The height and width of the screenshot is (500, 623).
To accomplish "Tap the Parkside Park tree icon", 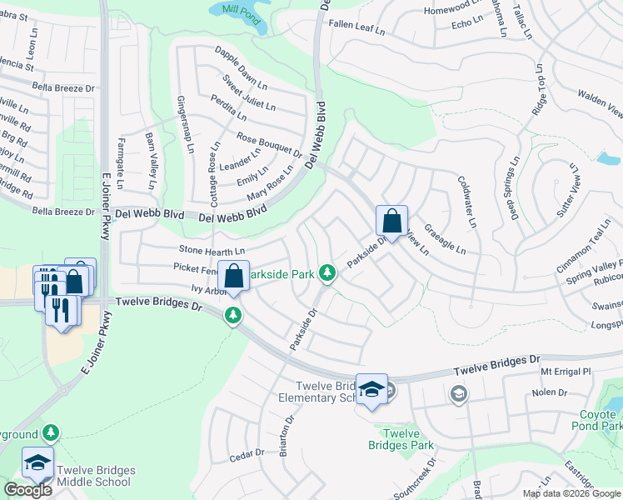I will (x=328, y=272).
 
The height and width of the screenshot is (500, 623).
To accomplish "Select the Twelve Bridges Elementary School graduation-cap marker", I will (x=371, y=388).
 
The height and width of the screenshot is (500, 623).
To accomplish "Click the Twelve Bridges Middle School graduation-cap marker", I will (x=37, y=462).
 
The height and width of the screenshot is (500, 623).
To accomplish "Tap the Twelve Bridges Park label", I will (x=401, y=438).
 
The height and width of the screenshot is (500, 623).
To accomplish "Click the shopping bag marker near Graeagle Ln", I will (x=391, y=222).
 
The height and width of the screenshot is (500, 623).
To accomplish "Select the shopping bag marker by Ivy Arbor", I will (x=234, y=276).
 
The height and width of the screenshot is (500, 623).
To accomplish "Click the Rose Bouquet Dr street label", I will (x=269, y=145).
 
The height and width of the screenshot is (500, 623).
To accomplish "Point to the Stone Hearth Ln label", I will (x=212, y=250).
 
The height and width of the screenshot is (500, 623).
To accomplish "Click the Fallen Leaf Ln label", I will (x=356, y=31).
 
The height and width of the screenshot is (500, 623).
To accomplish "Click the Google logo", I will (x=27, y=490).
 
